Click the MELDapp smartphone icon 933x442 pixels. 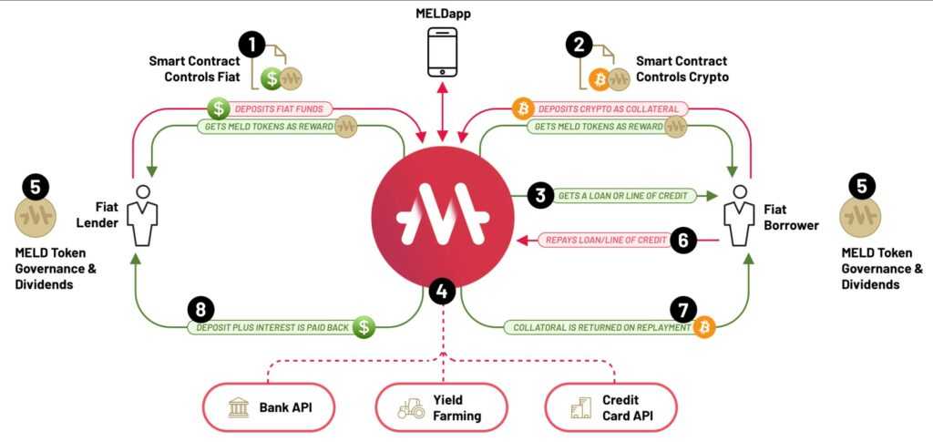click(x=442, y=52)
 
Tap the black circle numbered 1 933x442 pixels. click(x=252, y=45)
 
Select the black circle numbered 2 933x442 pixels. click(x=579, y=45)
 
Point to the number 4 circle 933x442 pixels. click(x=442, y=292)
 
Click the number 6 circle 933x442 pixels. click(x=684, y=241)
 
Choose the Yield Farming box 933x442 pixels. click(x=442, y=406)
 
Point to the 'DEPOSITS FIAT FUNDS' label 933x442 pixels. click(x=282, y=108)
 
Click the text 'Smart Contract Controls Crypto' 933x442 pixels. click(x=682, y=69)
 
